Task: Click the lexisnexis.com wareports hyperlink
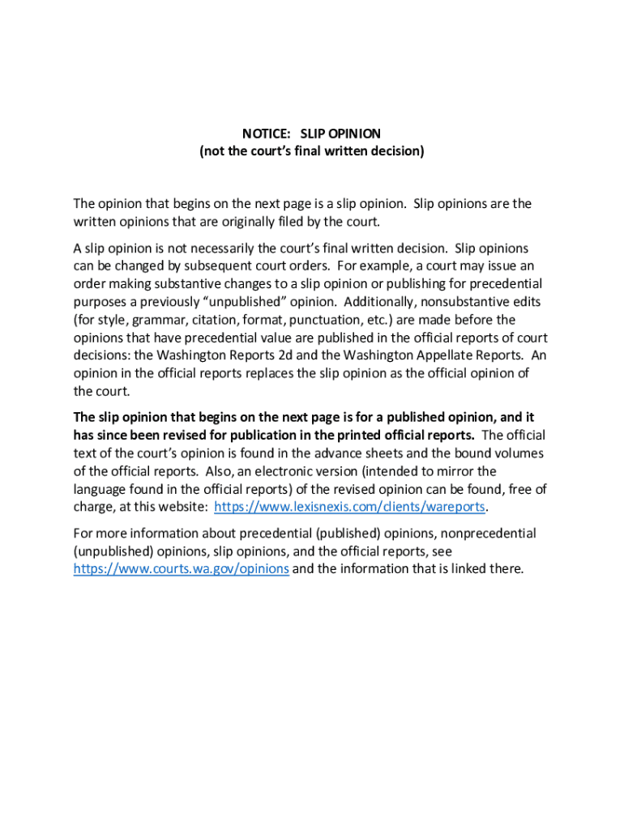pyautogui.click(x=348, y=507)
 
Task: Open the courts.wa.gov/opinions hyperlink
pyautogui.click(x=181, y=568)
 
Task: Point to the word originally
pyautogui.click(x=258, y=222)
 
